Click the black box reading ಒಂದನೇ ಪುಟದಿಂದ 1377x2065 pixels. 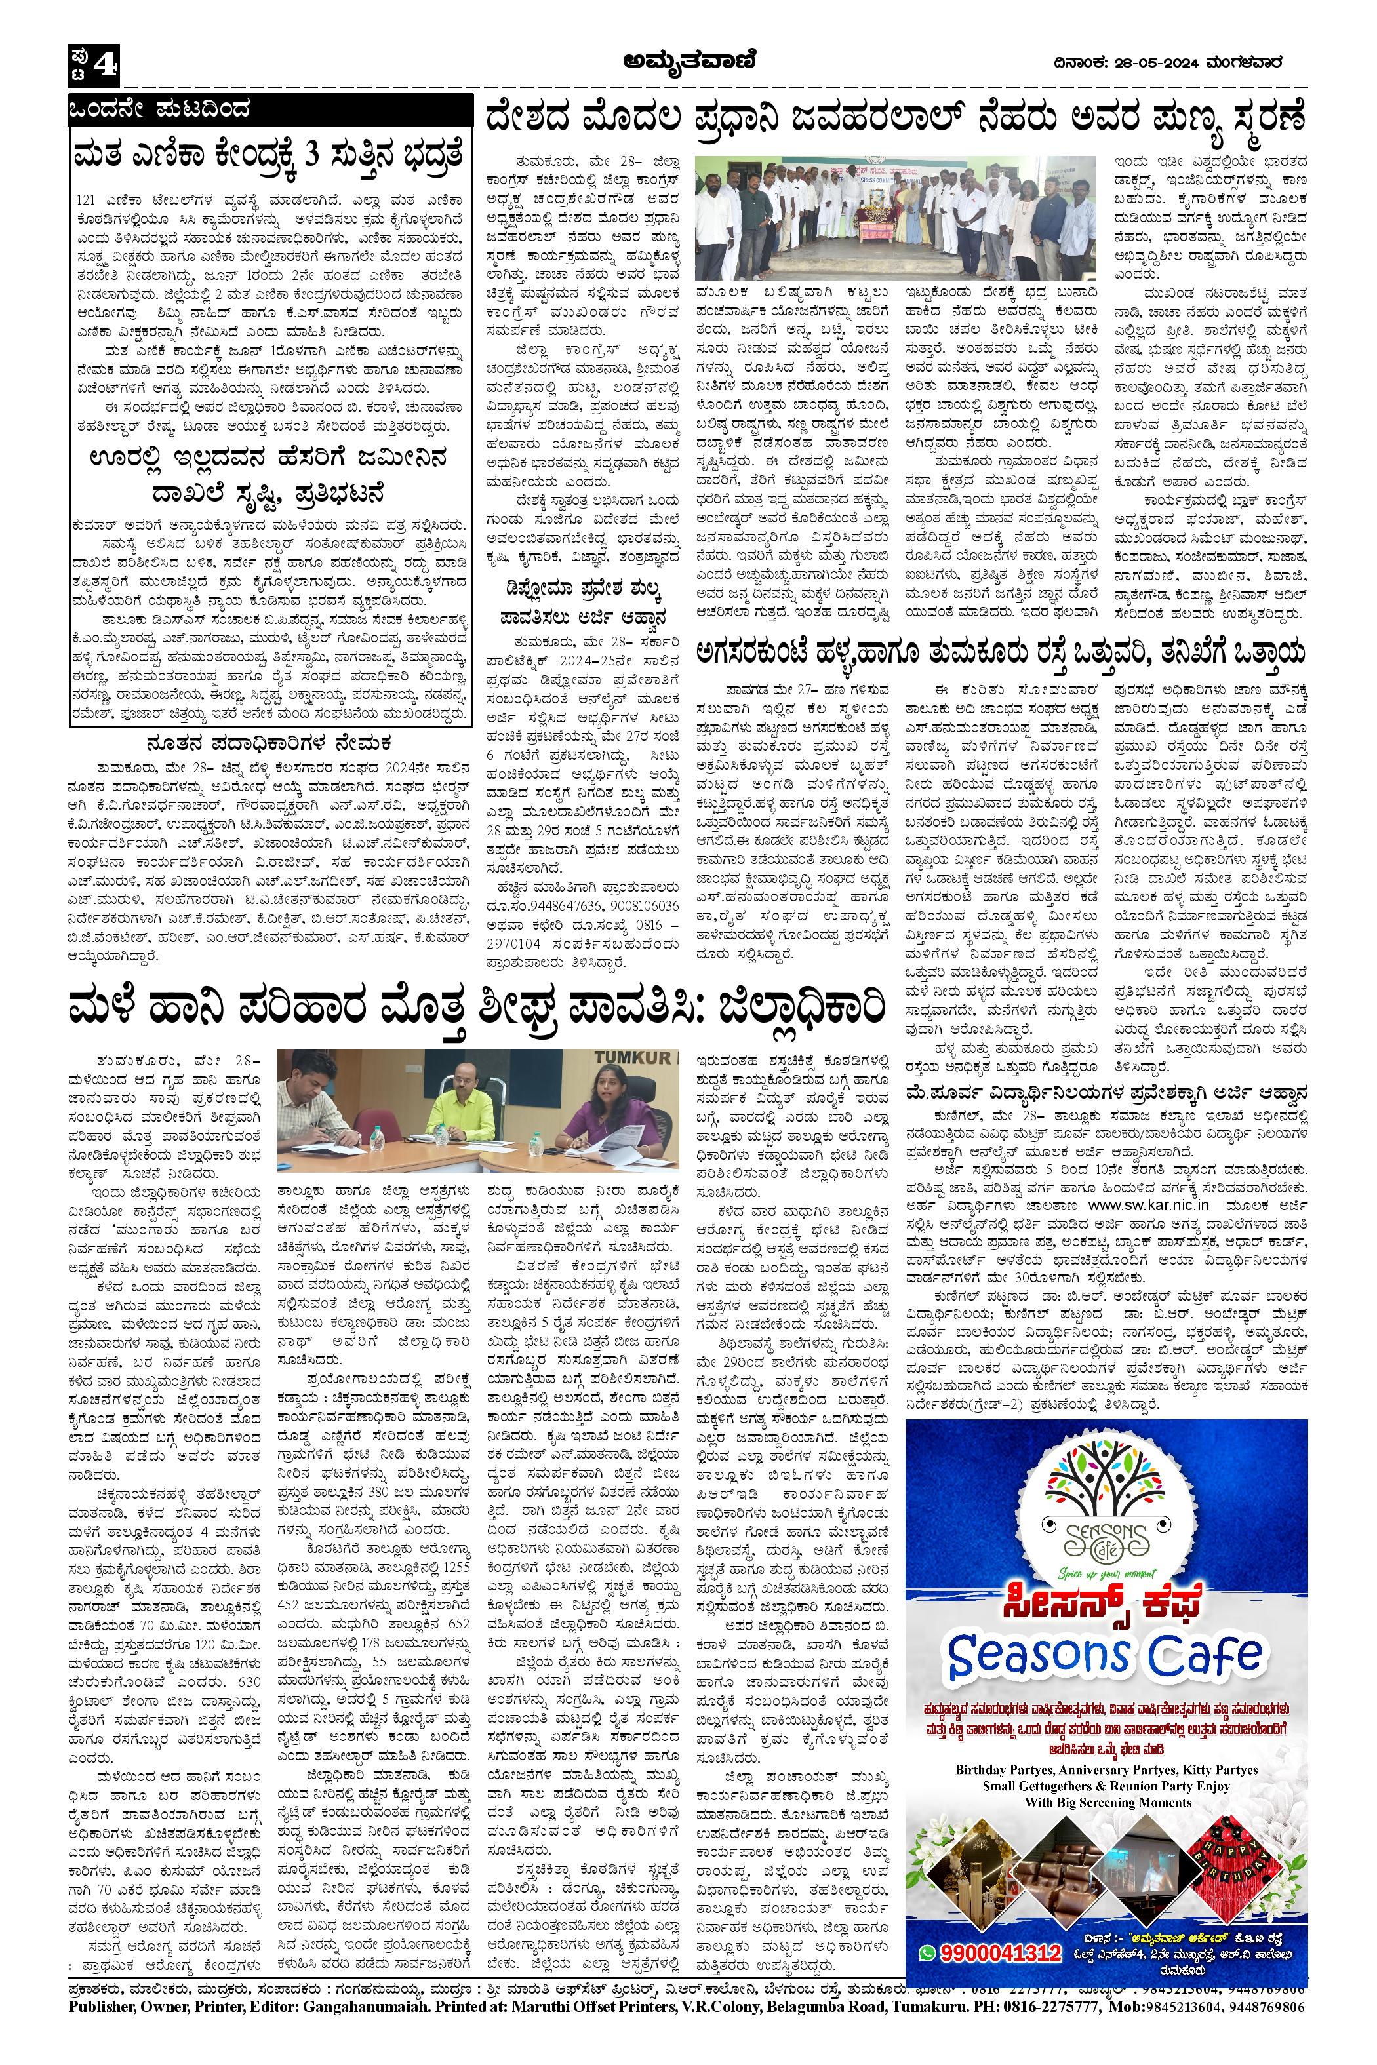[163, 111]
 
